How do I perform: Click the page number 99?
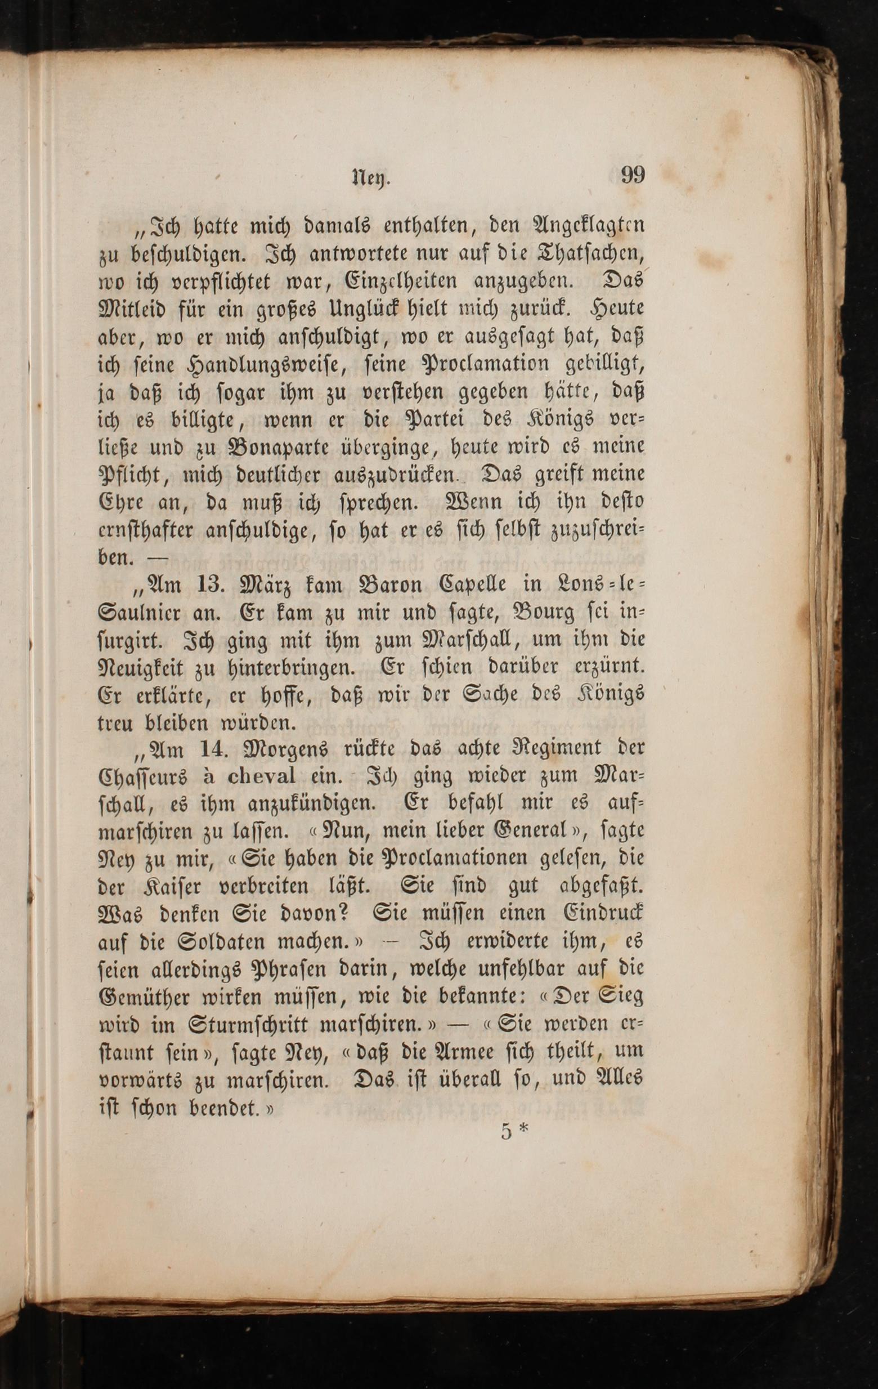click(632, 175)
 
